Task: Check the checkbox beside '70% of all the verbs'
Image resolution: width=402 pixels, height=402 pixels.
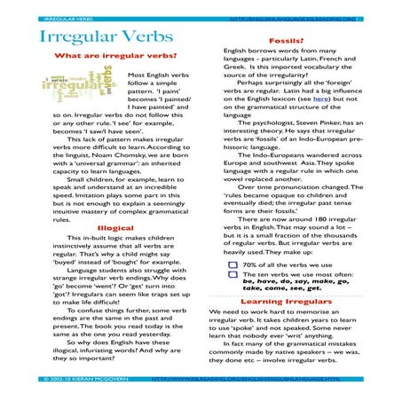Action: pyautogui.click(x=232, y=264)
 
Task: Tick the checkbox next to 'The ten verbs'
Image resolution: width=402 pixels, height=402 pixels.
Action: pyautogui.click(x=232, y=276)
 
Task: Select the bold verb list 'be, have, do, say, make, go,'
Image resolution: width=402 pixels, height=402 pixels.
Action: pyautogui.click(x=293, y=286)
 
